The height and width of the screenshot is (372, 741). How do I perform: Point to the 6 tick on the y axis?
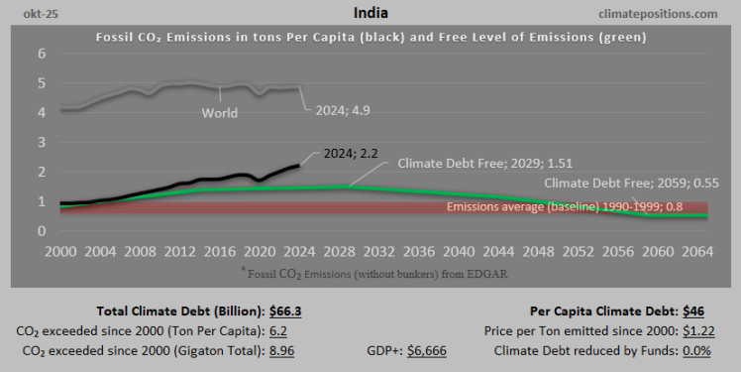point(41,54)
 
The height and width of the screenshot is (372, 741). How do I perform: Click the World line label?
point(219,113)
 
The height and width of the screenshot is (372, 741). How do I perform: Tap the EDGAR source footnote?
point(370,271)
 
